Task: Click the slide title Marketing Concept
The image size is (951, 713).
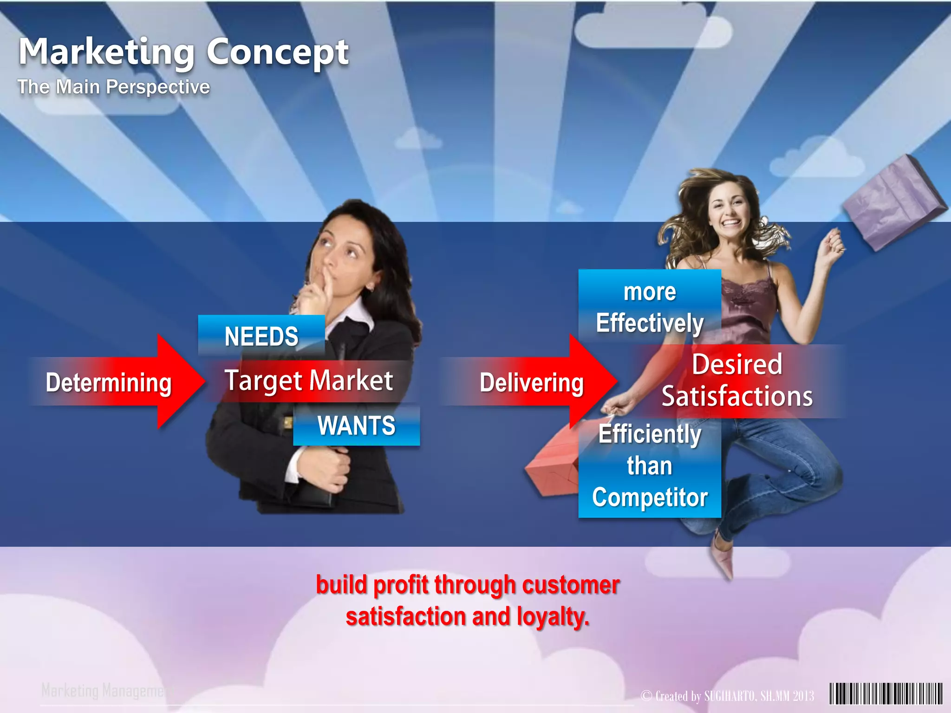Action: pyautogui.click(x=183, y=52)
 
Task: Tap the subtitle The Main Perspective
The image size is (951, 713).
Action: pyautogui.click(x=114, y=87)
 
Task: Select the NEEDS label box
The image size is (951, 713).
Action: pyautogui.click(x=261, y=336)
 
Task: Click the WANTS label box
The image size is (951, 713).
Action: pyautogui.click(x=356, y=426)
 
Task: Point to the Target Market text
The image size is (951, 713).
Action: pyautogui.click(x=309, y=381)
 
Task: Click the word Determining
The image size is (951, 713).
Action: pyautogui.click(x=109, y=383)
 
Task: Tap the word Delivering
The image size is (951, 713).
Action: pyautogui.click(x=531, y=383)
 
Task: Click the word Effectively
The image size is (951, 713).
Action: pyautogui.click(x=650, y=323)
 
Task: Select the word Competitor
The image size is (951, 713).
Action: pyautogui.click(x=650, y=498)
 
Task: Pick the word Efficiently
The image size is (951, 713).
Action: pyautogui.click(x=650, y=434)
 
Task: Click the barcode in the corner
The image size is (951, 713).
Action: pyautogui.click(x=886, y=694)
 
